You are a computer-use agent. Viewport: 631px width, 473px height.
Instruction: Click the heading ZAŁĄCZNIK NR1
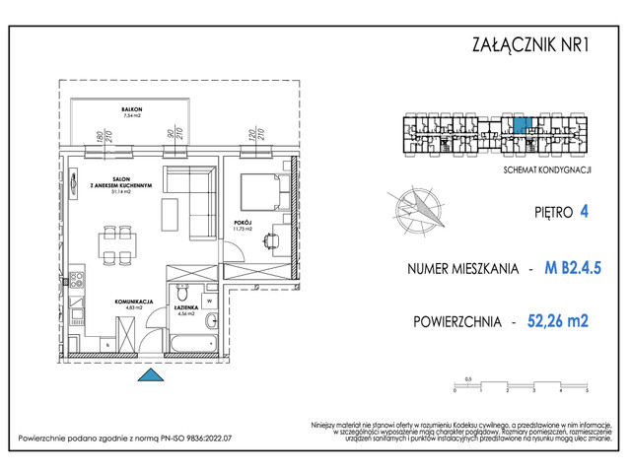[x=532, y=42]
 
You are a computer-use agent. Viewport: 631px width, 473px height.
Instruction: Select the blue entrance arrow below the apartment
[x=149, y=374]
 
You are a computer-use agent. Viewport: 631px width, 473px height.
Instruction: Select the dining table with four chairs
[x=116, y=242]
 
